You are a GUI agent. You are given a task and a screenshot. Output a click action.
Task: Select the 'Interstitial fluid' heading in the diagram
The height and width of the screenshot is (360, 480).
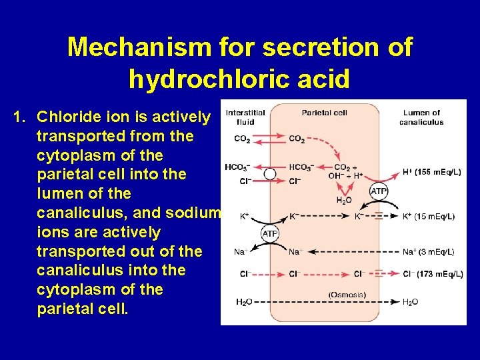[x=245, y=117]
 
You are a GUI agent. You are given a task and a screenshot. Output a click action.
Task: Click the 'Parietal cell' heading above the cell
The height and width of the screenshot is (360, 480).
[x=324, y=113]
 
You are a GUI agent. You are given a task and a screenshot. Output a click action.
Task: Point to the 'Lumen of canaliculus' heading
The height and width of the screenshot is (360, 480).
[x=421, y=117]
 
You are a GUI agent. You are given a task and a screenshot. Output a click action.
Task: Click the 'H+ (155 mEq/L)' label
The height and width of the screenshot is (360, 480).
[x=432, y=172]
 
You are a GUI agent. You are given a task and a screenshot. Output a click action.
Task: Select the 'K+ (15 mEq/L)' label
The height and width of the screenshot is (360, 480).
[x=431, y=217]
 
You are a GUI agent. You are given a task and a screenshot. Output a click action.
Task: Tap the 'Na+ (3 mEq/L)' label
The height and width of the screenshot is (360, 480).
[x=429, y=251]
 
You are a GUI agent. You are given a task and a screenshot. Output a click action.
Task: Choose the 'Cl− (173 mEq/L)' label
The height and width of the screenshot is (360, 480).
[x=433, y=274]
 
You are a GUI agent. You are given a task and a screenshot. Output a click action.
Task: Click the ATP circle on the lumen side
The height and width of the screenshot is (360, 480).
[x=379, y=192]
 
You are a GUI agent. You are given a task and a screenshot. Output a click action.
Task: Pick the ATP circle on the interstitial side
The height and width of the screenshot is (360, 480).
[x=269, y=234]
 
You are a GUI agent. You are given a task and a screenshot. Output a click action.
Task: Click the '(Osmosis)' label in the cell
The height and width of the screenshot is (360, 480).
[x=347, y=295]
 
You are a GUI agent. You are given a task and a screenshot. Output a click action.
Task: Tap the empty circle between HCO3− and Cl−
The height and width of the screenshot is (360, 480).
[x=269, y=174]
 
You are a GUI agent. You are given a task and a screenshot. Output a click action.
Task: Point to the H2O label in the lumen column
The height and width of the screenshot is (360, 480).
[x=411, y=302]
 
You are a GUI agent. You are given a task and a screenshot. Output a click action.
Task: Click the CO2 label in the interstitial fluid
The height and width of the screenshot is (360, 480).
[x=242, y=139]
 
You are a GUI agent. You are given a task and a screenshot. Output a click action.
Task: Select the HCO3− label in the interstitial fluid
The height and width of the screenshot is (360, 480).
[x=237, y=167]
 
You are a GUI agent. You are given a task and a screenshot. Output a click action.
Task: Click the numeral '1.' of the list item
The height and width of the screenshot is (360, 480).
[x=19, y=117]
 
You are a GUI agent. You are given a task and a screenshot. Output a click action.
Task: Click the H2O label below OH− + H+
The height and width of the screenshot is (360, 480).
[x=344, y=200]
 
